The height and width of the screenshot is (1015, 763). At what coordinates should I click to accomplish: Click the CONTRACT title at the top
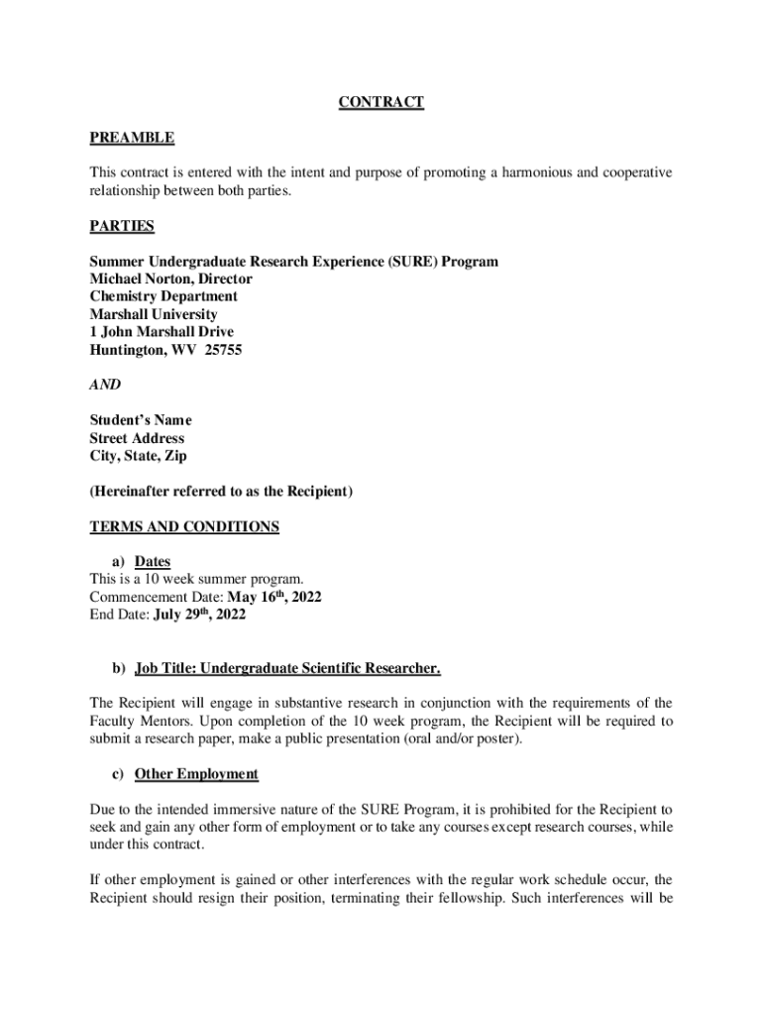point(381,102)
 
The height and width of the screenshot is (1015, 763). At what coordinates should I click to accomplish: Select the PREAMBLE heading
point(132,138)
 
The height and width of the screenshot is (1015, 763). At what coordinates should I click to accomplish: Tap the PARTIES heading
point(122,226)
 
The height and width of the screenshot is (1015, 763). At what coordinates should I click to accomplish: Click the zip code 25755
point(223,350)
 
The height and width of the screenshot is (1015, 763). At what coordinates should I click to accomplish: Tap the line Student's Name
point(141,420)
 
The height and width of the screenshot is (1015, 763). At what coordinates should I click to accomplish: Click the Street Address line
point(137,438)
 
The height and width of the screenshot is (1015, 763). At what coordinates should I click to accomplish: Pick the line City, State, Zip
point(138,456)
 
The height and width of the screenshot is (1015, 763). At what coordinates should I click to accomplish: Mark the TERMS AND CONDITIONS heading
point(184,527)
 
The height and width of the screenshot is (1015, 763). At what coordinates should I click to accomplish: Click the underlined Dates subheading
point(153,562)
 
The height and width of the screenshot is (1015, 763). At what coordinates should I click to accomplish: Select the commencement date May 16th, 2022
point(274,598)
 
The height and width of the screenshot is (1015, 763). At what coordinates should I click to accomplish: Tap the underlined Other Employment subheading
point(196,774)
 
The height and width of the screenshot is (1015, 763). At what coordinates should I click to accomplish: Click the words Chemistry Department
point(163,296)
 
